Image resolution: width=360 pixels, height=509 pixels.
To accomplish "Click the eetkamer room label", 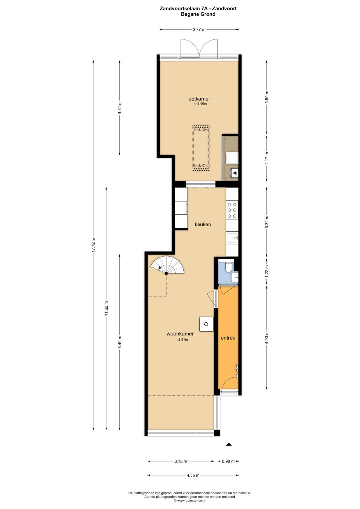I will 199,99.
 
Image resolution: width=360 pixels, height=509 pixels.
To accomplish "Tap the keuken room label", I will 203,224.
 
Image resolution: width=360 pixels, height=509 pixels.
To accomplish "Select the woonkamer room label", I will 180,334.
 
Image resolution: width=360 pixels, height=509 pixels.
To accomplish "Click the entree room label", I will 228,338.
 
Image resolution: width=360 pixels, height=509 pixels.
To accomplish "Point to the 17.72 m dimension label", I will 93,245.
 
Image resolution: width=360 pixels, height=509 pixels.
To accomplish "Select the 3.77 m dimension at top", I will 199,29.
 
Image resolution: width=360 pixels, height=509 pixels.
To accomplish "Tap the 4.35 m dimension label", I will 193,475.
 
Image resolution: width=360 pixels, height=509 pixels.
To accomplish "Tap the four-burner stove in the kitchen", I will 232,210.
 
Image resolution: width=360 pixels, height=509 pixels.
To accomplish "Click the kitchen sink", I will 232,238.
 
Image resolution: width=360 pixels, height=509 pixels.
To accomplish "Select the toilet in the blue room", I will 229,267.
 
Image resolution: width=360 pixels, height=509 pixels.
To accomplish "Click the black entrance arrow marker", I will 229,444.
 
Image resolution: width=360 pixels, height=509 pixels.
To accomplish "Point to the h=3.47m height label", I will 201,165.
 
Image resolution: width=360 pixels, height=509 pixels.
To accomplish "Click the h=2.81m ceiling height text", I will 181,340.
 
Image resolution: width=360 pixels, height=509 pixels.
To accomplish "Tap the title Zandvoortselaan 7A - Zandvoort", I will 198,8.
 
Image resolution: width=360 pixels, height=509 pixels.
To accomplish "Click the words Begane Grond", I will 198,14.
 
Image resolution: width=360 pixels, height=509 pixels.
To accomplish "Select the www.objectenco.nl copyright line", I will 189,500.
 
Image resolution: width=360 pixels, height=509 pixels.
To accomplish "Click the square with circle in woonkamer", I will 206,324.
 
